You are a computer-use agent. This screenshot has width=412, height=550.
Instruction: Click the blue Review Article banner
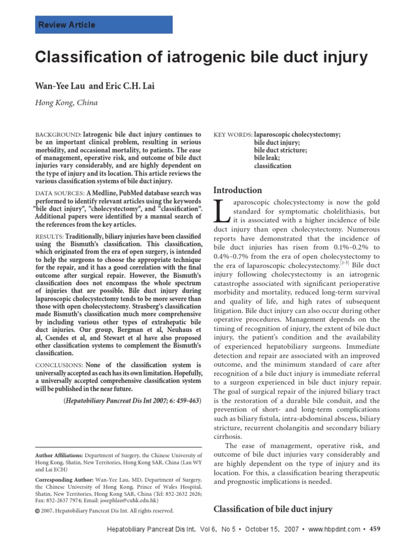(x=104, y=25)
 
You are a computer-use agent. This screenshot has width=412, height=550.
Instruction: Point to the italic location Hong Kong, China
(x=67, y=103)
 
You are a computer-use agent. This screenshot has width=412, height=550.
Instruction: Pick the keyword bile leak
(x=267, y=158)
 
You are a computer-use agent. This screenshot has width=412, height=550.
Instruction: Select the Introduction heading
(x=238, y=190)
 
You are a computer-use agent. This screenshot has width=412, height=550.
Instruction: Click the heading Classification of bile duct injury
(x=273, y=509)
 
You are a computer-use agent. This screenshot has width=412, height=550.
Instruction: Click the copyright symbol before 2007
(x=37, y=511)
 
